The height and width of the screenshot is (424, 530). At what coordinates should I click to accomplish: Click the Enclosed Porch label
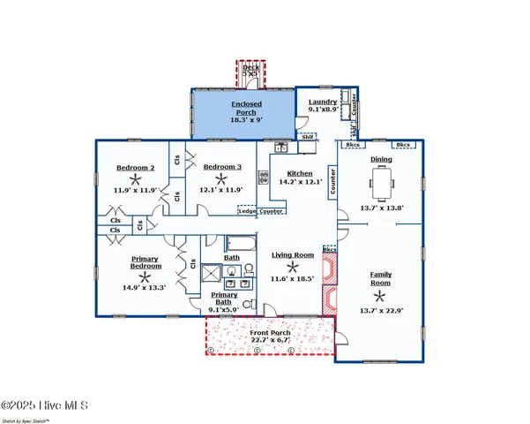click(246, 109)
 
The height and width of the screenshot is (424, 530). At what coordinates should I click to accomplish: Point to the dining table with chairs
click(382, 184)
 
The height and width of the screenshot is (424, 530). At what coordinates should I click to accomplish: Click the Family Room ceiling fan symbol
click(381, 296)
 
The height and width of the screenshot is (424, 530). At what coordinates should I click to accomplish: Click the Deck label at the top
click(251, 66)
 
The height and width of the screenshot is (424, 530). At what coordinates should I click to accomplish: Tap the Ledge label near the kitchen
click(247, 211)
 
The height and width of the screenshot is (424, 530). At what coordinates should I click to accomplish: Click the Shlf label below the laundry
click(308, 137)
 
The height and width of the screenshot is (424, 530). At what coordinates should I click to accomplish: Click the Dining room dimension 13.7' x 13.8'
click(381, 208)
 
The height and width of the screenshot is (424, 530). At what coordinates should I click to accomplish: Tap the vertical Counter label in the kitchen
click(333, 181)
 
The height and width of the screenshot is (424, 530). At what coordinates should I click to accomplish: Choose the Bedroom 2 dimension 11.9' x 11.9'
click(136, 189)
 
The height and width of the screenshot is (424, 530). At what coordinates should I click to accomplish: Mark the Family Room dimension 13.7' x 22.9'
click(381, 311)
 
